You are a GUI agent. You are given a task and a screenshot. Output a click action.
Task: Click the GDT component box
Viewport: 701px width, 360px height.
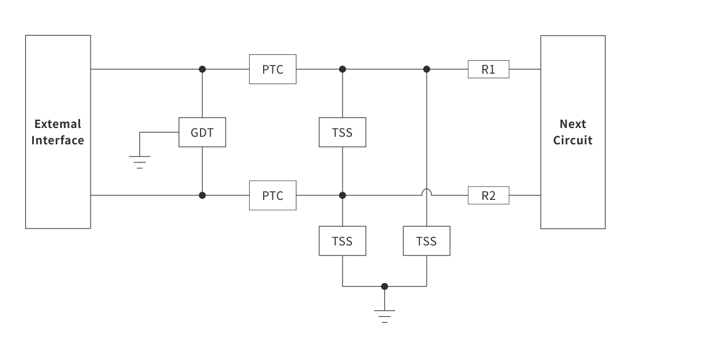[x=202, y=132]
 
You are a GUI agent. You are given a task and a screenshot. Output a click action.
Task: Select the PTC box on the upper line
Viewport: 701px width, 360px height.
[x=273, y=69]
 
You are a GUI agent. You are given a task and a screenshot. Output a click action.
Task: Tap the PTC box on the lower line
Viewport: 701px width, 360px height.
[x=273, y=195]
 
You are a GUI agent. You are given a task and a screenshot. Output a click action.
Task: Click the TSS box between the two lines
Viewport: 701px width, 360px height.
[x=343, y=132]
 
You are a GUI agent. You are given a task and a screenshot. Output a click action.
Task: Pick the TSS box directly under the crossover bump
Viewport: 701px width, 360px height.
[x=427, y=241]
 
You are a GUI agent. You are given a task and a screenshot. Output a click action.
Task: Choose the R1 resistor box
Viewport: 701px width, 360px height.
[x=489, y=69]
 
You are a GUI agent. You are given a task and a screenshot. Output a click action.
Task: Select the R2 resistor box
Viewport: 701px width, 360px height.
[x=489, y=195]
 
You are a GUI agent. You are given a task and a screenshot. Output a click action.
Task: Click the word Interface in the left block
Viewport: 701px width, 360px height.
[x=58, y=140]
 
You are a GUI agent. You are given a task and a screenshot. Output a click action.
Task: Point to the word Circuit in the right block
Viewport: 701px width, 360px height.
[x=573, y=140]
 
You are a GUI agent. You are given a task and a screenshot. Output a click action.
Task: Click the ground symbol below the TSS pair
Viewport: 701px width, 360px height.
[x=384, y=316]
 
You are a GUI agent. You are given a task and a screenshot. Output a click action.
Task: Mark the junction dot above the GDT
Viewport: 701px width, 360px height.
[x=202, y=69]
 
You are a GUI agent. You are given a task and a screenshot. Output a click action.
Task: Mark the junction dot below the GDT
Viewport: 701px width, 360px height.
[x=202, y=195]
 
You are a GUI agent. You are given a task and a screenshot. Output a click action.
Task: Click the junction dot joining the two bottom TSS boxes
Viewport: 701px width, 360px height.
[x=384, y=286]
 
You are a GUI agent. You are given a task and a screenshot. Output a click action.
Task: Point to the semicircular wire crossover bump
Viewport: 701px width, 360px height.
[x=427, y=191]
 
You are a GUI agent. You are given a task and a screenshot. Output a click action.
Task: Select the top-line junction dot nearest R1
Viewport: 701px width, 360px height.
[x=427, y=69]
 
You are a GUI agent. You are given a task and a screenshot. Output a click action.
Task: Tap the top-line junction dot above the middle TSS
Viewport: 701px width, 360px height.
[x=343, y=69]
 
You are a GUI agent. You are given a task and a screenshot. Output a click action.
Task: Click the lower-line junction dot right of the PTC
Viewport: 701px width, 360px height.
[x=343, y=195]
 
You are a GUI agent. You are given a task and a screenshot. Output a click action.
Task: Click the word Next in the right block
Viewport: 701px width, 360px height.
[x=573, y=124]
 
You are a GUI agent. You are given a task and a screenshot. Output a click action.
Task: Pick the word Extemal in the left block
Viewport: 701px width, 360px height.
[x=58, y=124]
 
